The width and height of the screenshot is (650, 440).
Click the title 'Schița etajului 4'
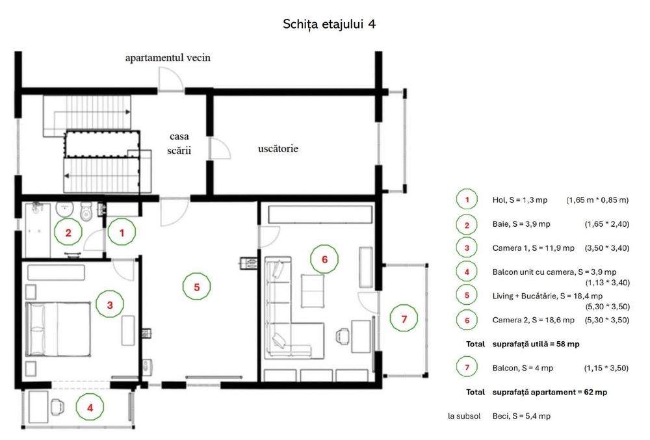[x=330, y=24]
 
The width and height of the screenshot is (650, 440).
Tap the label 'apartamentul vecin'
[x=168, y=58]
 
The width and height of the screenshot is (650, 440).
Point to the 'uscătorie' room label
[x=278, y=149]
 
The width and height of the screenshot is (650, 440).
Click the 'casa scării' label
[x=179, y=143]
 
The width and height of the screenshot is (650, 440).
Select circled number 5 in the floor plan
[x=197, y=285]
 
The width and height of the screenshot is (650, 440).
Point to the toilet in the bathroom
[x=85, y=212]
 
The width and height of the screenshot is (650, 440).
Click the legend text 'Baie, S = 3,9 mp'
[x=521, y=224]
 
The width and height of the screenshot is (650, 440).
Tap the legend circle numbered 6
[x=466, y=320]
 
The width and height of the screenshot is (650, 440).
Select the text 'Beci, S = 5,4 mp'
[x=521, y=416]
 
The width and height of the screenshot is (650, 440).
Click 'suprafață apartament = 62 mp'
[x=550, y=392]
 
